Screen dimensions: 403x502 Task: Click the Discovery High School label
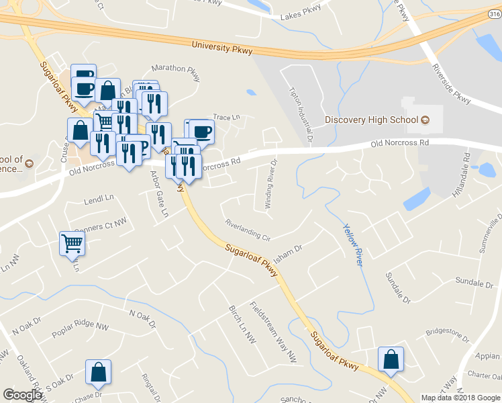(x=371, y=120)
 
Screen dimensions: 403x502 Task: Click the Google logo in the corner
(x=22, y=395)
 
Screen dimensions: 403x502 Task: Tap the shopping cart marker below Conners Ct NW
(x=72, y=244)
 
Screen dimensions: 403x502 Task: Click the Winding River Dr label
(x=270, y=184)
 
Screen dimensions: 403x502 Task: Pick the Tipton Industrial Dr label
(x=300, y=115)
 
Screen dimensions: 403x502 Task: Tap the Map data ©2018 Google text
(x=459, y=398)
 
